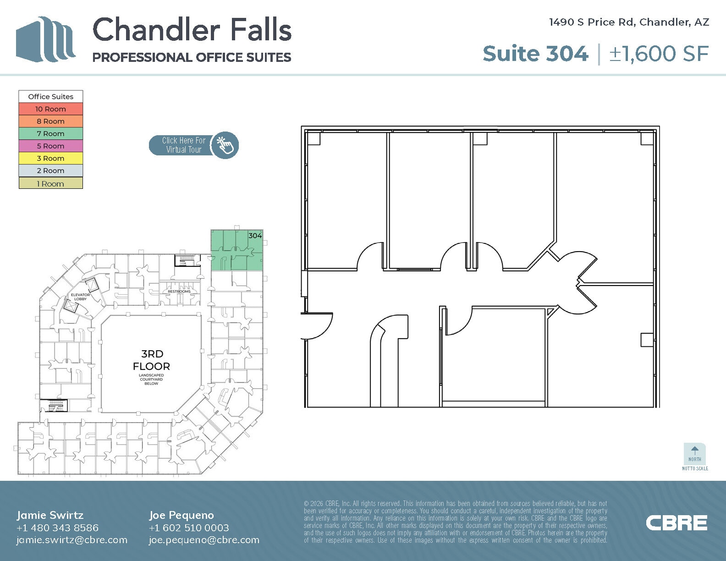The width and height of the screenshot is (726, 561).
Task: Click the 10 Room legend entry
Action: [50, 109]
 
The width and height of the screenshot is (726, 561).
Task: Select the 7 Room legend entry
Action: [50, 134]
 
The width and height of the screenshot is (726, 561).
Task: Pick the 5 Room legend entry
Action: [50, 146]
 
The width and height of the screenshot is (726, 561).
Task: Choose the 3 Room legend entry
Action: [50, 159]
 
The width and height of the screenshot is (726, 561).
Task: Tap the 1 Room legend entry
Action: [50, 183]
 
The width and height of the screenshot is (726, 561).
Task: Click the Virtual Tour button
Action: [193, 145]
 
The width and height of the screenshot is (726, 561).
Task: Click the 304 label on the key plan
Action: [255, 236]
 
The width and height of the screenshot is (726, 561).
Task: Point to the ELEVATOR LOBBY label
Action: [80, 297]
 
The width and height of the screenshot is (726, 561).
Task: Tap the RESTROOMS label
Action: [179, 291]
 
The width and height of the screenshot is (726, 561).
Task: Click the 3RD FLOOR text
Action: [151, 360]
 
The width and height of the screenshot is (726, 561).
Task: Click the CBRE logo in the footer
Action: [676, 523]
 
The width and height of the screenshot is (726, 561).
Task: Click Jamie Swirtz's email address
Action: [72, 540]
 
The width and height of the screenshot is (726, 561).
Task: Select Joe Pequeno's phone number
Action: [189, 528]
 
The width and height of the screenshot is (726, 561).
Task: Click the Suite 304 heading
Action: [535, 54]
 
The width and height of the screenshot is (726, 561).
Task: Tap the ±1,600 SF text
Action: [659, 54]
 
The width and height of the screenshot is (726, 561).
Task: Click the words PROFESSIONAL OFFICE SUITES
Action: [192, 57]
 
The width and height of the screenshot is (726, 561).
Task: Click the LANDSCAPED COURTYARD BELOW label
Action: [151, 379]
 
